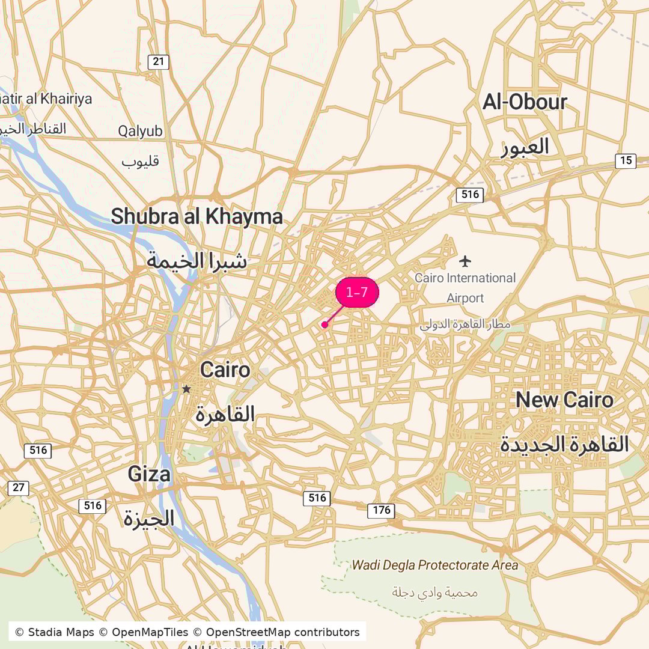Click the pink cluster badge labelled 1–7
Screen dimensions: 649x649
(x=357, y=293)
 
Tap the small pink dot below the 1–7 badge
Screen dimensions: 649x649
(x=324, y=324)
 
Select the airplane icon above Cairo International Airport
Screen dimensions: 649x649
(x=465, y=261)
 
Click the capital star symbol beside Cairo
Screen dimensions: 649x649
(x=186, y=389)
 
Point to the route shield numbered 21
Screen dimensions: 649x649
(x=159, y=61)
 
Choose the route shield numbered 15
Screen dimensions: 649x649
(x=626, y=160)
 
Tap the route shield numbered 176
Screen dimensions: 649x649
(x=381, y=510)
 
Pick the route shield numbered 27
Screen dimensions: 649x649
(x=19, y=487)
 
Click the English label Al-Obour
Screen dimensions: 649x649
(x=525, y=102)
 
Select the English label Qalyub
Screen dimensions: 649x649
(x=140, y=131)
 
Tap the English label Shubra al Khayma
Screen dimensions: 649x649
(x=197, y=216)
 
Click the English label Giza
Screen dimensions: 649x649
(x=148, y=475)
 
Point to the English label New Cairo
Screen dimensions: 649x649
(x=564, y=400)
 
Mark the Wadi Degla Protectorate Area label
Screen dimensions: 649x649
(x=434, y=565)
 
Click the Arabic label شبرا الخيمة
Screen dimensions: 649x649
(x=197, y=261)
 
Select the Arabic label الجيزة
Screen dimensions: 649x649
(x=149, y=518)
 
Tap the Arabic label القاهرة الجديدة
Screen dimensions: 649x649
(x=564, y=445)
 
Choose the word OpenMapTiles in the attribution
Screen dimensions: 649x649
(x=150, y=632)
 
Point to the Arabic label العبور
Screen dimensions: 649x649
(x=525, y=147)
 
